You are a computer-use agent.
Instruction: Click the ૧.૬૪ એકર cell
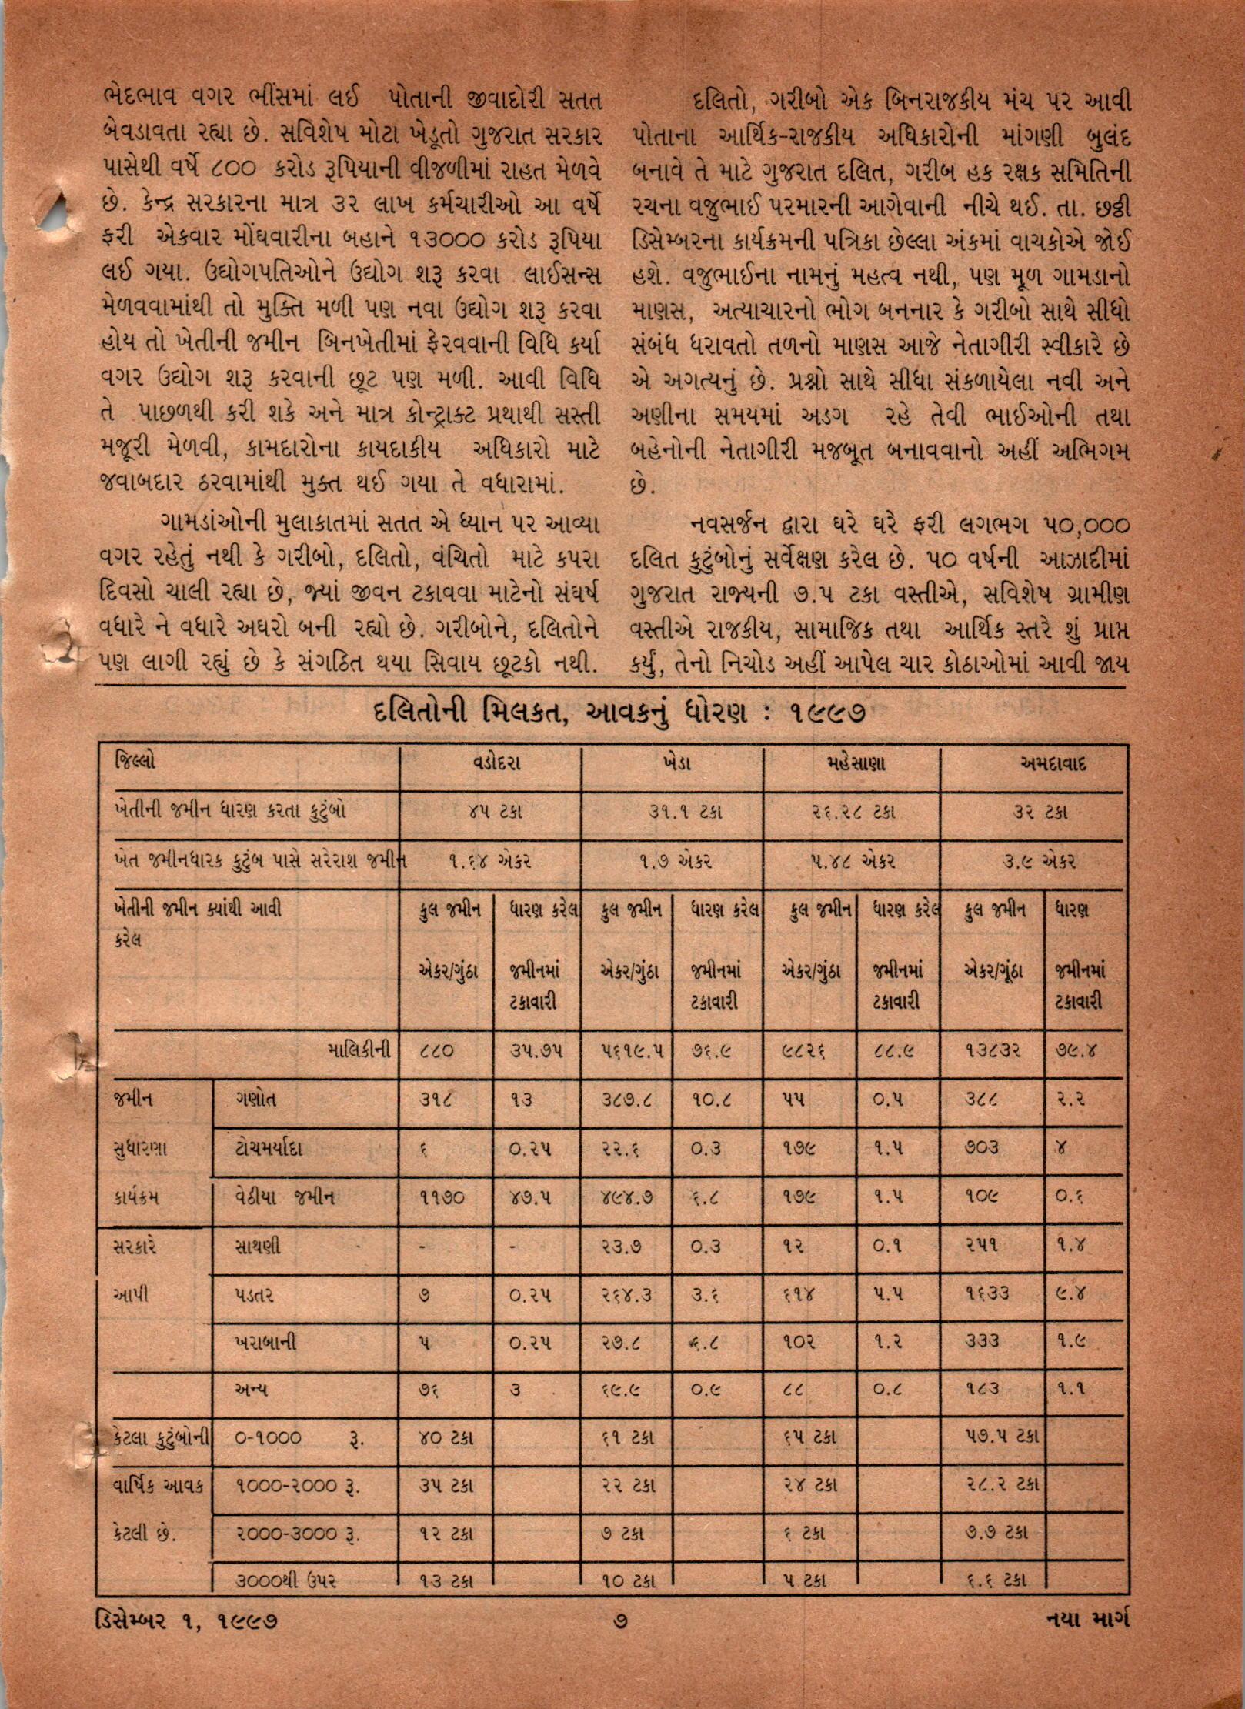point(490,862)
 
